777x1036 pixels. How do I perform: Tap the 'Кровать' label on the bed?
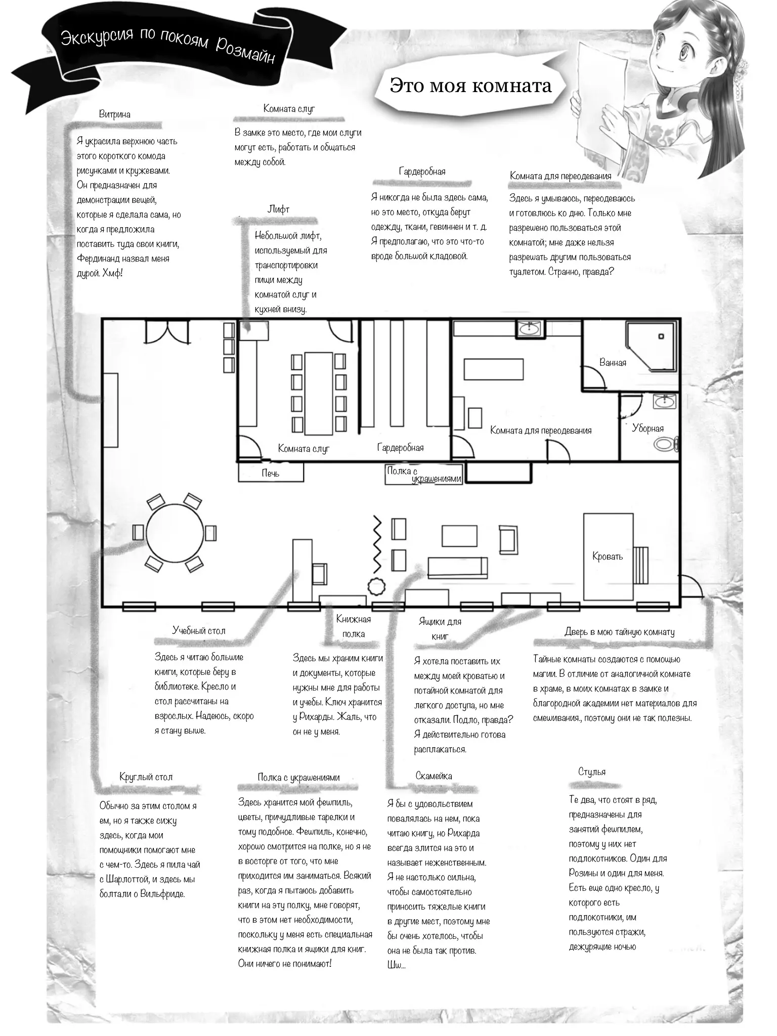(x=608, y=556)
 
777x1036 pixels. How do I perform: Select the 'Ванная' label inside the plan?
(x=613, y=362)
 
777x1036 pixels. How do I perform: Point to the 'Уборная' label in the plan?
(x=647, y=428)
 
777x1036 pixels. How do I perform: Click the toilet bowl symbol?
(x=665, y=445)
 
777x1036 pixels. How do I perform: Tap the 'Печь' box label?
(x=270, y=473)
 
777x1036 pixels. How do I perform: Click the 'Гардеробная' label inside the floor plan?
(x=400, y=448)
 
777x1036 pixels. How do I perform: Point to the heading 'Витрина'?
(x=114, y=114)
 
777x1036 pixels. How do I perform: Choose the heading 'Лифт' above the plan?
(x=278, y=209)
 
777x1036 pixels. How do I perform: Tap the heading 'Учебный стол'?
(x=199, y=631)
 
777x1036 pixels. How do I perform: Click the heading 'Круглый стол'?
(x=146, y=777)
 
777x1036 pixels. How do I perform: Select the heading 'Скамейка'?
(x=434, y=776)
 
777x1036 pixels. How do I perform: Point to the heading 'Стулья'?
(x=592, y=772)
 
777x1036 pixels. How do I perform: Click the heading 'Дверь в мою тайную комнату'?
(x=619, y=632)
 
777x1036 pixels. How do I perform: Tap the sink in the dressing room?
(x=530, y=329)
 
